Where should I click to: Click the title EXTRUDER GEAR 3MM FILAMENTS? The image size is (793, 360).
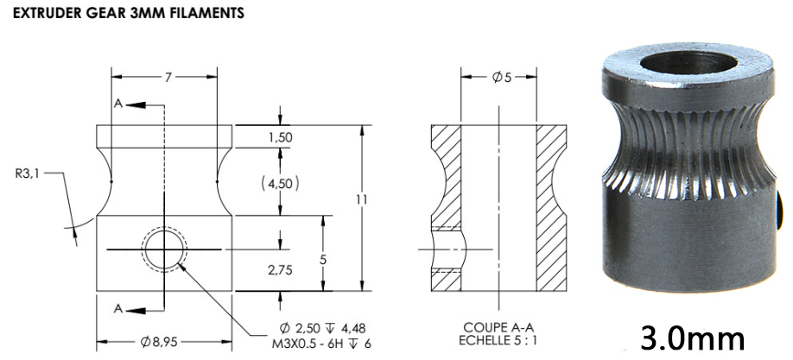pyautogui.click(x=125, y=15)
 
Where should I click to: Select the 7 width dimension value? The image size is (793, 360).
pyautogui.click(x=169, y=77)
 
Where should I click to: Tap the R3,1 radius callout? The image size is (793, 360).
pyautogui.click(x=29, y=173)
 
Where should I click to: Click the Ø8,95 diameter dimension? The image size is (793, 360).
pyautogui.click(x=161, y=342)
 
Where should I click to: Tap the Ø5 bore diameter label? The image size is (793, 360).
pyautogui.click(x=501, y=77)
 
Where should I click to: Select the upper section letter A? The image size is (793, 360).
pyautogui.click(x=117, y=104)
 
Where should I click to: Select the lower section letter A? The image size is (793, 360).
pyautogui.click(x=117, y=308)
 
